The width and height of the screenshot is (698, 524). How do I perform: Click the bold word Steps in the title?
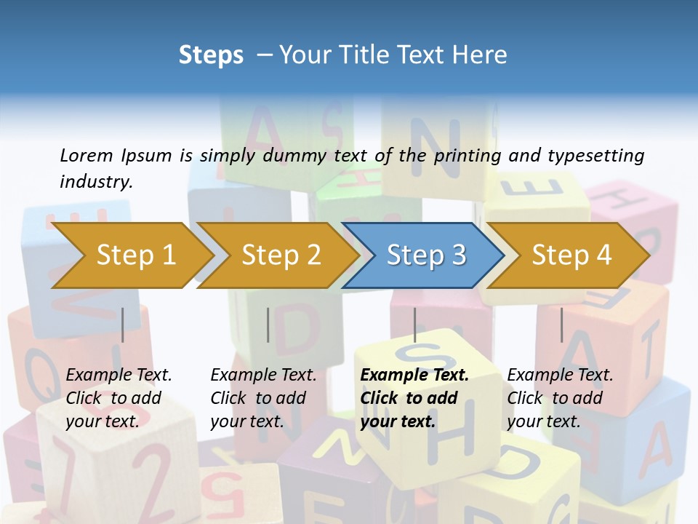pos(211,55)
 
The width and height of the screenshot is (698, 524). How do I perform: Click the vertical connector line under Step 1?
pos(122,325)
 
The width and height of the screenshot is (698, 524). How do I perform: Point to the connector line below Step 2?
pos(268,325)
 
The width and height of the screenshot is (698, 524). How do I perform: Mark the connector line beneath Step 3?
pos(414,325)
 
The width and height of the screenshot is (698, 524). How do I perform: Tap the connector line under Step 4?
pos(561,325)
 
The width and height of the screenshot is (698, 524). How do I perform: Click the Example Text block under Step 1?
pos(119,398)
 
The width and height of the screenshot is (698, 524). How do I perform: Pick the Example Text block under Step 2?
pos(263,398)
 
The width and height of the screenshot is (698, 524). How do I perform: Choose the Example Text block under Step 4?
pos(560,398)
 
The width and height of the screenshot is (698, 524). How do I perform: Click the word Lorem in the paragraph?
pos(87,155)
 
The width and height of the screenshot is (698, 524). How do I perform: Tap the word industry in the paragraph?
pos(96,181)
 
